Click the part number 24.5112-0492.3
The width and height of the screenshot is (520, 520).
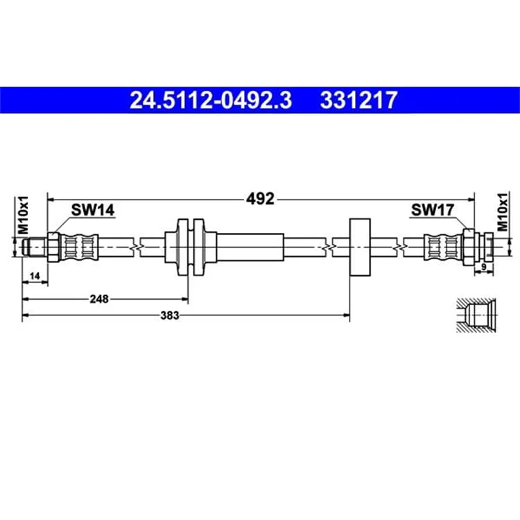click(211, 100)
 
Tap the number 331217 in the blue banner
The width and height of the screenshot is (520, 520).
click(358, 100)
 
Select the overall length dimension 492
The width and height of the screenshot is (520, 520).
click(260, 199)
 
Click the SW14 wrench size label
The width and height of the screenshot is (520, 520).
click(93, 210)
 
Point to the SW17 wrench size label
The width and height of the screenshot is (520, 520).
click(433, 209)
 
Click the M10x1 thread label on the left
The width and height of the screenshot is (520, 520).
click(23, 215)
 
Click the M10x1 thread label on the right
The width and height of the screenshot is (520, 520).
click(503, 211)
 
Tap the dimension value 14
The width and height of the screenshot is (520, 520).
click(35, 276)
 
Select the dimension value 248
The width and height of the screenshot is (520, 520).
click(99, 299)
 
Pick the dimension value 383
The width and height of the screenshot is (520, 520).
click(170, 315)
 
